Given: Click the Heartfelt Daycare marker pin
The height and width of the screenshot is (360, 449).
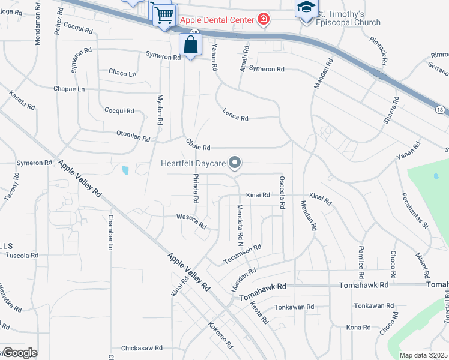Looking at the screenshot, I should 235,163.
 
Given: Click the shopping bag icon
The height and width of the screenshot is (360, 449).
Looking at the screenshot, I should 190,44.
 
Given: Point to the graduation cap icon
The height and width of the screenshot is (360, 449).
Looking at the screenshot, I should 306,8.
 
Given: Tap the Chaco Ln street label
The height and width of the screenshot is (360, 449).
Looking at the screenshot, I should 122,73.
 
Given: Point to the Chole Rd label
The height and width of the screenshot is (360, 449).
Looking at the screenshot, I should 198,146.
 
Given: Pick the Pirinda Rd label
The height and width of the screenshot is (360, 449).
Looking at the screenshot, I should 196,187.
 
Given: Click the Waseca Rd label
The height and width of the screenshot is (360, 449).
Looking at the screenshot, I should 191,221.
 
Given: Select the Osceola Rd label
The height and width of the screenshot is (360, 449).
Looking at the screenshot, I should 282,192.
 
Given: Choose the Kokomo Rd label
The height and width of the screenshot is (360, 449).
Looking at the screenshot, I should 220,337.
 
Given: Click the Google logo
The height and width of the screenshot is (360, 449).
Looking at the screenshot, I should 20,353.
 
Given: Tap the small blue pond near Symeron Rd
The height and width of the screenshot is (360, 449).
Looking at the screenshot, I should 125,171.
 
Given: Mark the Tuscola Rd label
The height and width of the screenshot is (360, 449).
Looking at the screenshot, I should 22,256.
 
